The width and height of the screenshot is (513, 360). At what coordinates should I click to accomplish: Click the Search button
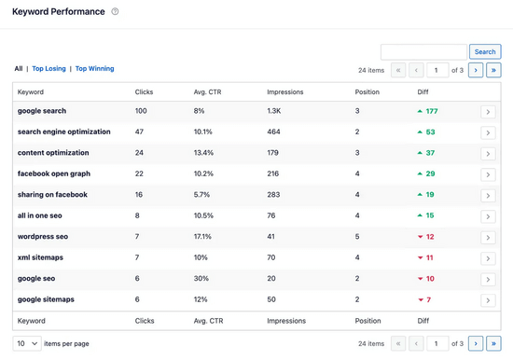tap(485, 52)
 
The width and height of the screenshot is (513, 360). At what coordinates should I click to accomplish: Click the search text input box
tap(423, 52)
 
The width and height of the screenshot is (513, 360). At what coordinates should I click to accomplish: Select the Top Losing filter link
tap(49, 69)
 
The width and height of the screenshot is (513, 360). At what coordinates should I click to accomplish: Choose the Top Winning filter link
tap(95, 69)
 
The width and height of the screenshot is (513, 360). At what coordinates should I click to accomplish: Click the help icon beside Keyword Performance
tap(116, 12)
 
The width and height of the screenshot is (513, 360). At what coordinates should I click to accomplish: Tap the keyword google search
tap(42, 111)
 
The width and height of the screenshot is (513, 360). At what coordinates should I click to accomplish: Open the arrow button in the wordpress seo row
tap(488, 238)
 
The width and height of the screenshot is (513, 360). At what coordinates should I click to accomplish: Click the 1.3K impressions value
tap(274, 111)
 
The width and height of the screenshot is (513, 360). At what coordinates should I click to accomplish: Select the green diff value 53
tap(430, 132)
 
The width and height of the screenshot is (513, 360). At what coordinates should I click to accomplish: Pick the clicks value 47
tap(139, 132)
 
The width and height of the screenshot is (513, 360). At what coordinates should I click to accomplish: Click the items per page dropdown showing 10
tap(26, 344)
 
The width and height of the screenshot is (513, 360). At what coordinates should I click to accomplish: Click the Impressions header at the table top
tap(284, 92)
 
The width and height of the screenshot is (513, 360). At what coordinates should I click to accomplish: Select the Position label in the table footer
tap(367, 321)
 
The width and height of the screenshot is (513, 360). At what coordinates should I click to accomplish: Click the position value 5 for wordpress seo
tap(357, 237)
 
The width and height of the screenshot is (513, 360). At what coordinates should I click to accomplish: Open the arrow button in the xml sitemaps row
tap(488, 258)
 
